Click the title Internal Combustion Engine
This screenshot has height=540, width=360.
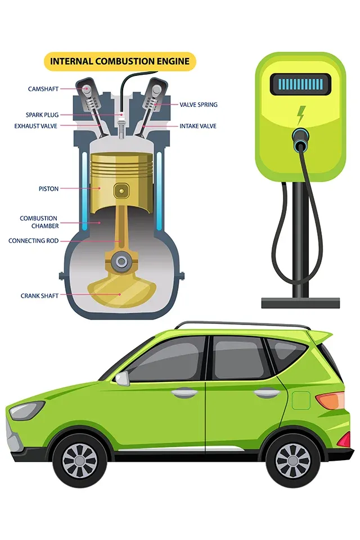[x=120, y=61]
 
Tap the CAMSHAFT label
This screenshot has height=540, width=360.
[x=43, y=89]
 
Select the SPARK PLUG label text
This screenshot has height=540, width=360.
[x=42, y=115]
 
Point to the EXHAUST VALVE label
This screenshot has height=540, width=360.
[x=36, y=126]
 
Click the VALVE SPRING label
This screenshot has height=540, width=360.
[x=199, y=105]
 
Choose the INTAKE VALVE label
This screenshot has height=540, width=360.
[x=198, y=126]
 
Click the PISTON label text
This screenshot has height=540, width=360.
[x=48, y=189]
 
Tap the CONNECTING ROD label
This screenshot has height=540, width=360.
[x=33, y=241]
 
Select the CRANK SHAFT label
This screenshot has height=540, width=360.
[x=39, y=296]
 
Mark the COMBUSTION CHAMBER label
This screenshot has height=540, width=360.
[x=39, y=222]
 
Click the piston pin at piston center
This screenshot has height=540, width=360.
[x=121, y=191]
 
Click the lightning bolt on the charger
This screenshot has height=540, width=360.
[x=301, y=115]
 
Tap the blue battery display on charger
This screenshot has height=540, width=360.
[x=300, y=84]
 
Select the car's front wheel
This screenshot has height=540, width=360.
[x=79, y=461]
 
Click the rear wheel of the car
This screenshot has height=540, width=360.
[x=292, y=461]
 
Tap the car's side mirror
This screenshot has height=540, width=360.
[x=122, y=379]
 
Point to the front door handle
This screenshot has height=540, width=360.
[x=184, y=393]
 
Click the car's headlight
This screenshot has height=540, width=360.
[x=26, y=410]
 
